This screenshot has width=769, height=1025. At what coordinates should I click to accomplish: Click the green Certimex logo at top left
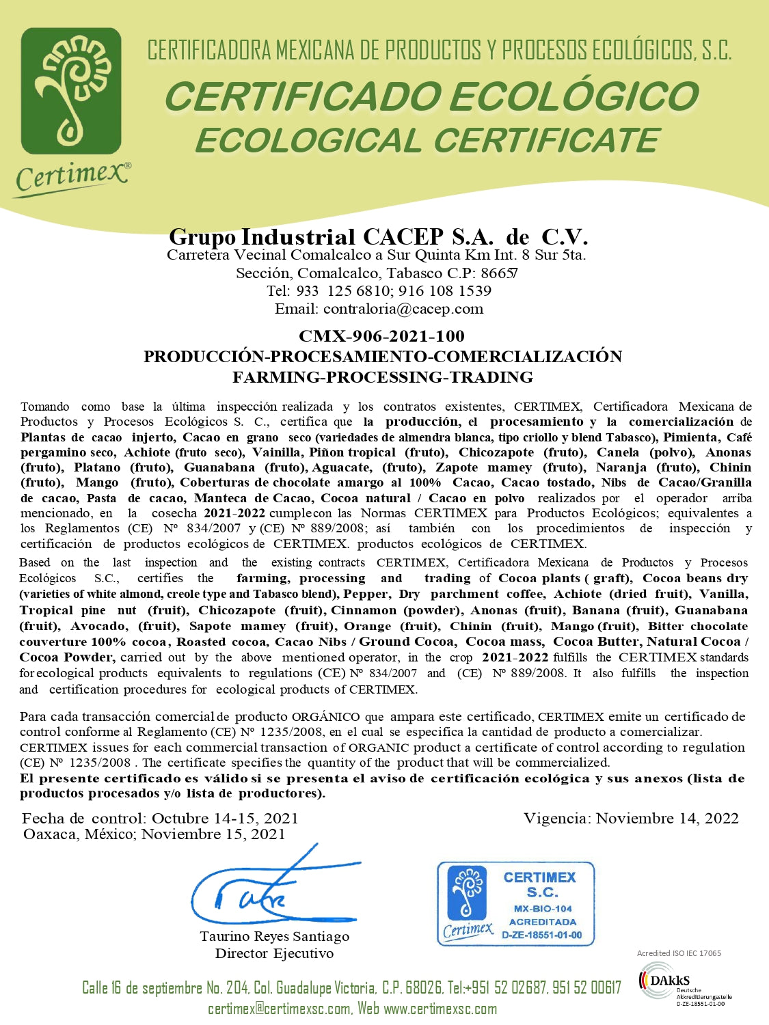pyautogui.click(x=71, y=90)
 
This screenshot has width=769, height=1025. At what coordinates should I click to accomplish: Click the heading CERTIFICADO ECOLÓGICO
pyautogui.click(x=431, y=96)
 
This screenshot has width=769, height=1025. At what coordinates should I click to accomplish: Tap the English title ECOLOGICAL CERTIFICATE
pyautogui.click(x=427, y=141)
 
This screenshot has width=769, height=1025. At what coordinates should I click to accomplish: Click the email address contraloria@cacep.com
pyautogui.click(x=403, y=309)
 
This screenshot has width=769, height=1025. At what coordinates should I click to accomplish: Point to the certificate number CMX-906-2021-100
pyautogui.click(x=381, y=336)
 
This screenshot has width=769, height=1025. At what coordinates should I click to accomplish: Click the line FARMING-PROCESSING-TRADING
pyautogui.click(x=383, y=377)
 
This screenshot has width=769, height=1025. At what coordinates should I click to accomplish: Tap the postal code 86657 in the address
pyautogui.click(x=499, y=273)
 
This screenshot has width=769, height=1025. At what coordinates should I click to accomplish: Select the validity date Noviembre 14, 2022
pyautogui.click(x=667, y=819)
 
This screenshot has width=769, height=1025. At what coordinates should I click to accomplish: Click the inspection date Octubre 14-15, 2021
pyautogui.click(x=225, y=819)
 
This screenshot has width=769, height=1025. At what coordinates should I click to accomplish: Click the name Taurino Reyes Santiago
pyautogui.click(x=274, y=937)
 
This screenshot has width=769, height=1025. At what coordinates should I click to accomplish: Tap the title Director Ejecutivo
pyautogui.click(x=274, y=954)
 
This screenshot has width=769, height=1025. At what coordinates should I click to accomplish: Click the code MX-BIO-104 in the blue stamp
pyautogui.click(x=543, y=909)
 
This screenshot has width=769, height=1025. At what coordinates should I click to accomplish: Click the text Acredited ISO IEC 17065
pyautogui.click(x=679, y=953)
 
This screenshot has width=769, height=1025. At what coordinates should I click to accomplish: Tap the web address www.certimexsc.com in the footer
pyautogui.click(x=440, y=1009)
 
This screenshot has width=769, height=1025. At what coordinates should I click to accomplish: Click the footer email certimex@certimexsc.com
pyautogui.click(x=280, y=1009)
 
